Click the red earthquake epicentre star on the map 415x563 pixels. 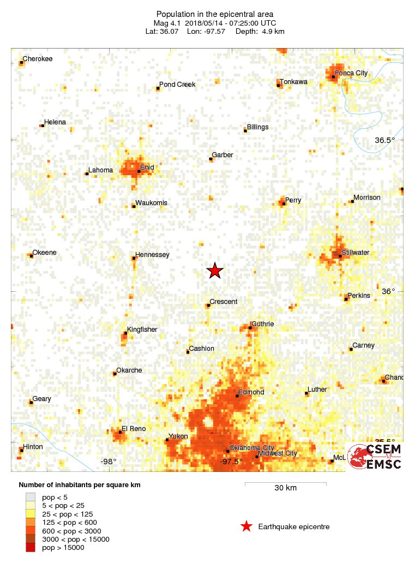point(215,271)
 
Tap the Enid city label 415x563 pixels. point(147,167)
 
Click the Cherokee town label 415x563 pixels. point(38,59)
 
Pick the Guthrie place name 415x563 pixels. point(262,324)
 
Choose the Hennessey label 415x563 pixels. point(152,255)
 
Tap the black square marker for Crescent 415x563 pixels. point(208,306)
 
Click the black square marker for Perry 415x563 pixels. point(284,204)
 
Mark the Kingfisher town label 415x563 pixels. point(142,330)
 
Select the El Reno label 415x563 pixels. point(134,429)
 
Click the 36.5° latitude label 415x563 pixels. point(384,140)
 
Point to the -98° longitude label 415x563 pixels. point(109,462)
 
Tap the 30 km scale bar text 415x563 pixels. point(285,488)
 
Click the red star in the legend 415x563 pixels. point(246,526)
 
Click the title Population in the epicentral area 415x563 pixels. point(207,14)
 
